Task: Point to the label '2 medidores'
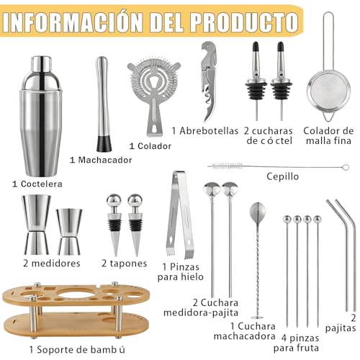pyautogui.click(x=45, y=264)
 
